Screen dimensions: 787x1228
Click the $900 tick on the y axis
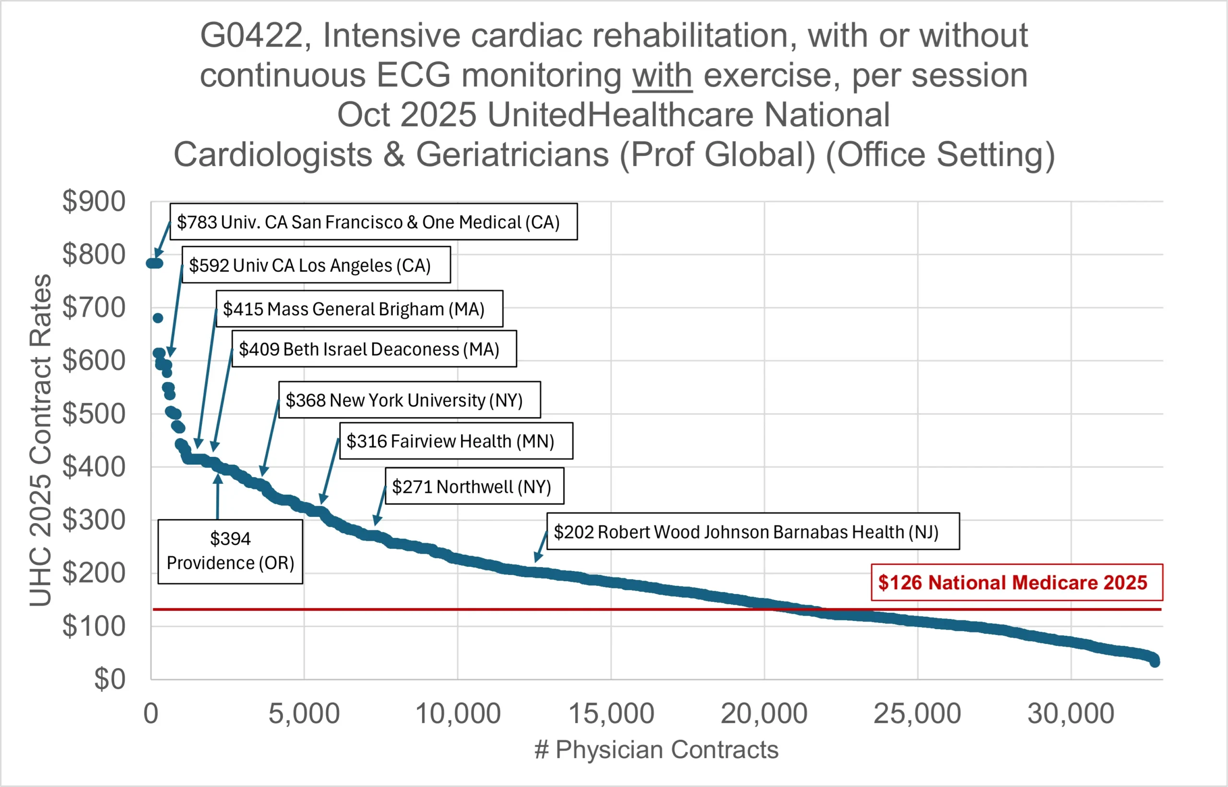[x=94, y=201]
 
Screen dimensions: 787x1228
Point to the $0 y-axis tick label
[x=109, y=679]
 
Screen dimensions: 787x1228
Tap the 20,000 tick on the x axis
[x=764, y=714]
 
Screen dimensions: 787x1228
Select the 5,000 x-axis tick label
[x=304, y=714]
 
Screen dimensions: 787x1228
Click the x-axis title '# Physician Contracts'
[x=656, y=750]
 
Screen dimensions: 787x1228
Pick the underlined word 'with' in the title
[x=662, y=76]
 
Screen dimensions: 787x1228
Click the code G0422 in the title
[x=251, y=36]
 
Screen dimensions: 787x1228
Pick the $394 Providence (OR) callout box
[x=230, y=551]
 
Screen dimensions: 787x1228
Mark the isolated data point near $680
[x=158, y=318]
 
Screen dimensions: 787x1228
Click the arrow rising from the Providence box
[x=218, y=496]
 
